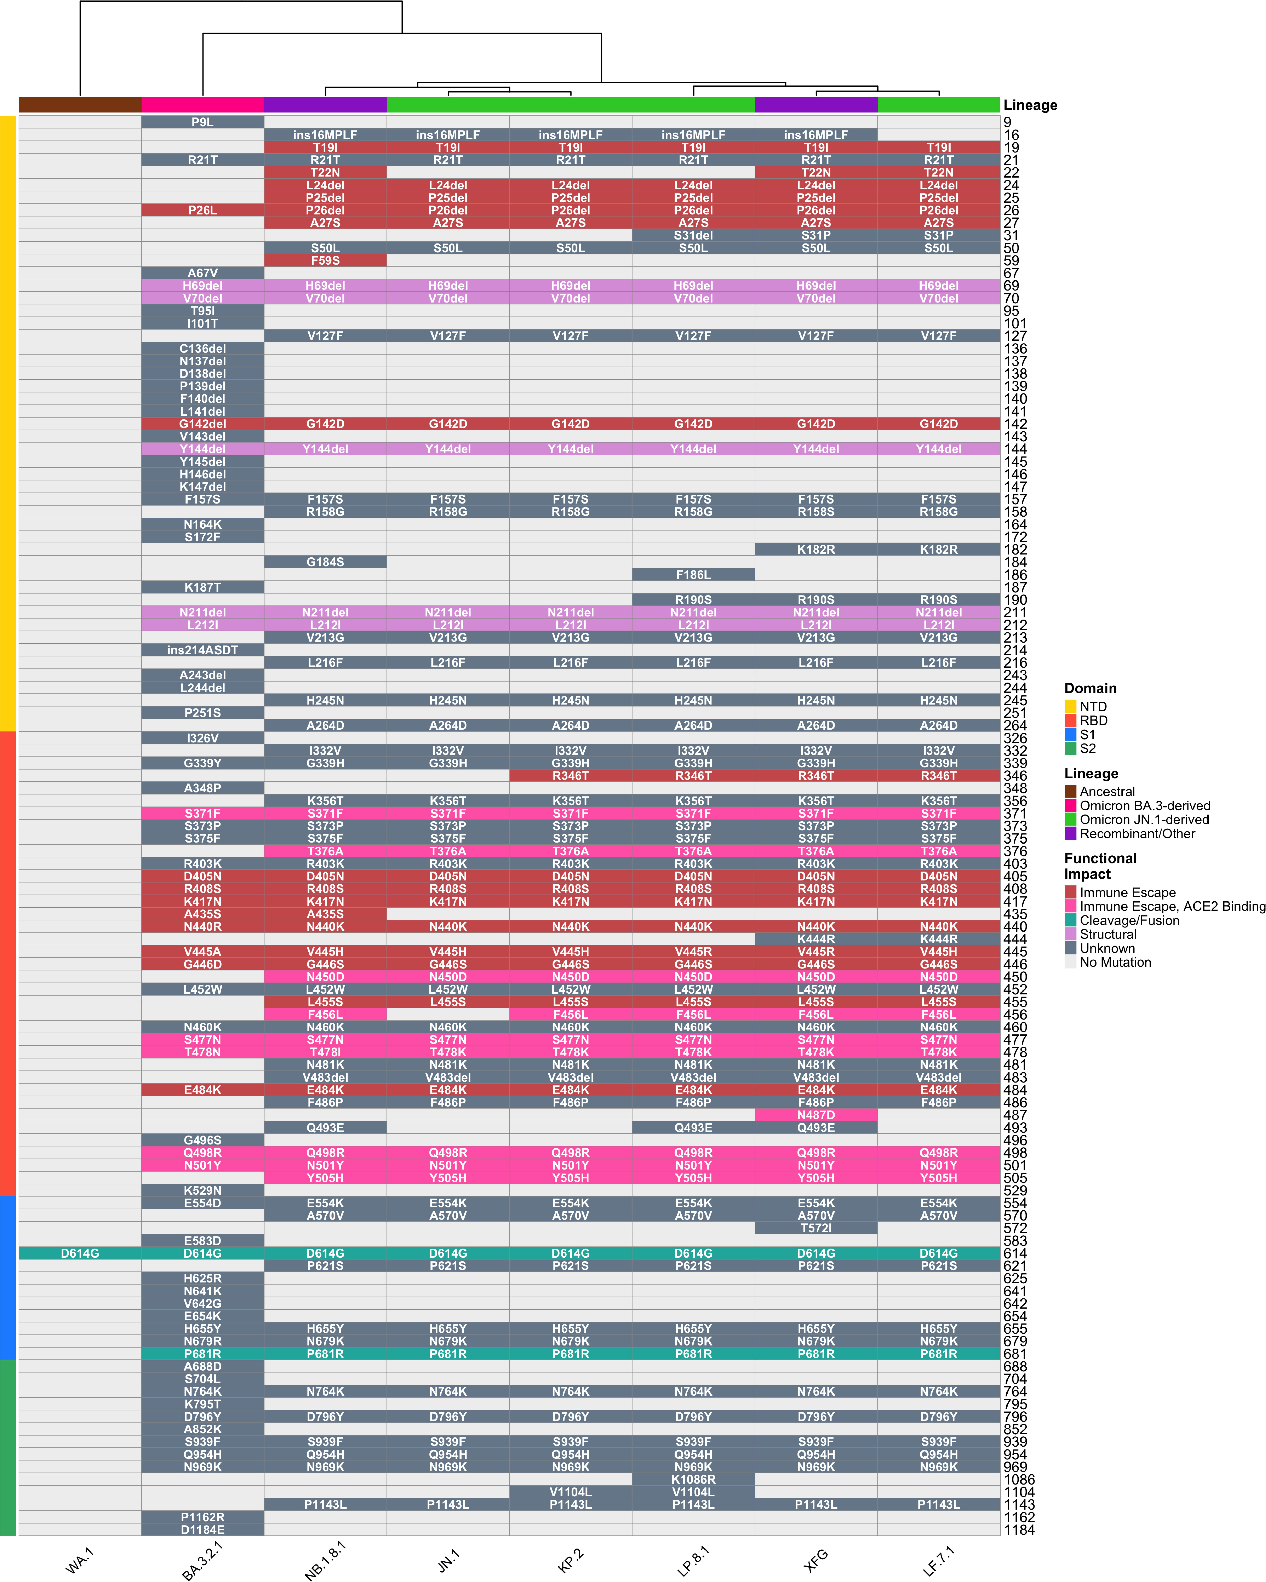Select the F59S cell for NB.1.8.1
coord(325,260)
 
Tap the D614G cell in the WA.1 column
coord(80,1253)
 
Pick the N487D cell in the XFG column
coord(816,1115)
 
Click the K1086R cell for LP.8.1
coord(694,1479)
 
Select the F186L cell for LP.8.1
coord(694,574)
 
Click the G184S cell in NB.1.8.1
coord(325,562)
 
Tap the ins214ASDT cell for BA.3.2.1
coord(203,650)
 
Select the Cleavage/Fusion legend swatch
coord(1071,920)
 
